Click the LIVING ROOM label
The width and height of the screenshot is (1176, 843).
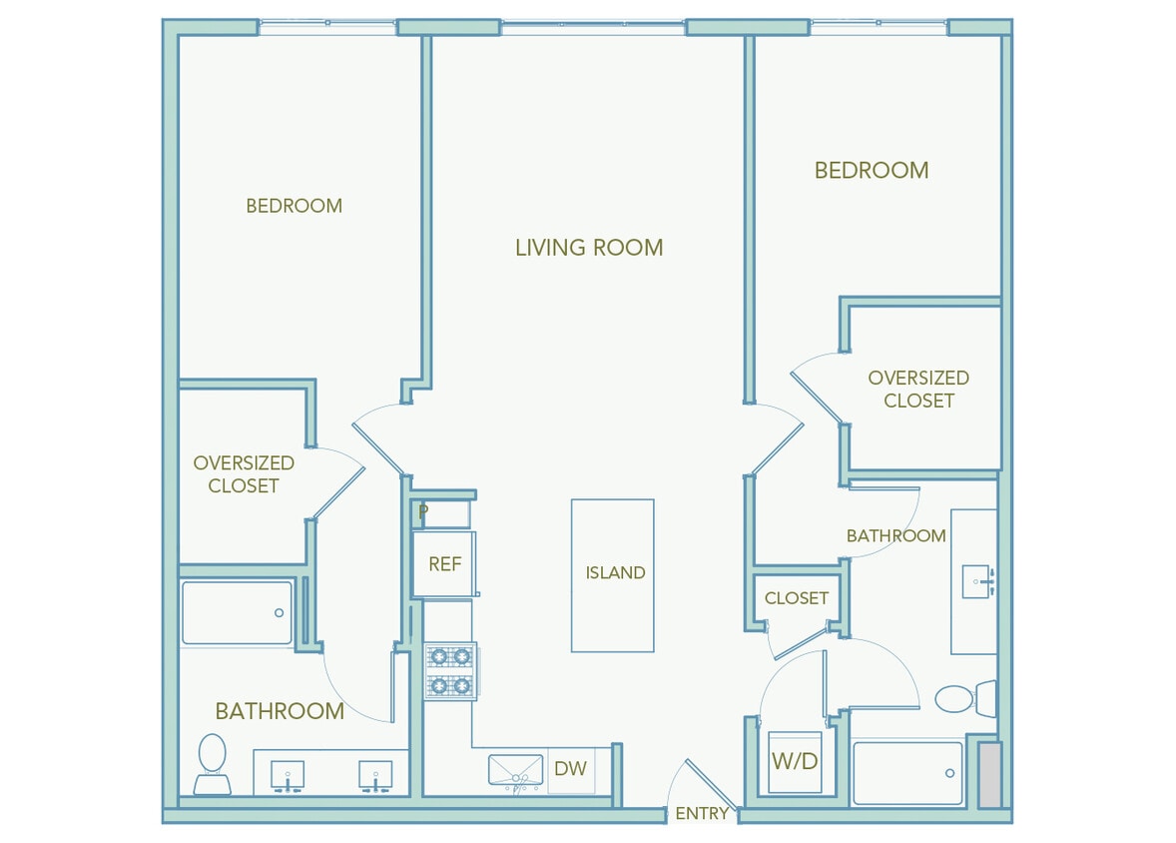tap(588, 248)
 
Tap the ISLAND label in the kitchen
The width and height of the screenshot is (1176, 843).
tap(615, 573)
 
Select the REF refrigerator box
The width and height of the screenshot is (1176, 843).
tap(444, 564)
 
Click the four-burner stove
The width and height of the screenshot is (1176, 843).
tap(449, 670)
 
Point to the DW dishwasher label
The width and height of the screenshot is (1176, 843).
tap(570, 769)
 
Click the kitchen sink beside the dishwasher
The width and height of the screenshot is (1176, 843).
tap(515, 771)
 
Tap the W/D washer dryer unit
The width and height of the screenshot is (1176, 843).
tap(795, 762)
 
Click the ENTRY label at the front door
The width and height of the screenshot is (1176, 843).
tap(702, 814)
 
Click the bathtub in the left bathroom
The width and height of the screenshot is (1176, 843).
tap(238, 613)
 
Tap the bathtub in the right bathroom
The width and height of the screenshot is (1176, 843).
tap(907, 773)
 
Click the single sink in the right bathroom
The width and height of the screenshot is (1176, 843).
tap(976, 580)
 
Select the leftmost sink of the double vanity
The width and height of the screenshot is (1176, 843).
tap(288, 774)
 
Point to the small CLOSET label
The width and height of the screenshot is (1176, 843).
tap(797, 598)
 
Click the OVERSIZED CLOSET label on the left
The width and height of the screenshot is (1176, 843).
tap(244, 474)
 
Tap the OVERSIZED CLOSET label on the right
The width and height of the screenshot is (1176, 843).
tap(918, 390)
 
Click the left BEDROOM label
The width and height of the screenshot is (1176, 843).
tap(294, 206)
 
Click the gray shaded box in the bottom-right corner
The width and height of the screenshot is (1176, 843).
tap(988, 774)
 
